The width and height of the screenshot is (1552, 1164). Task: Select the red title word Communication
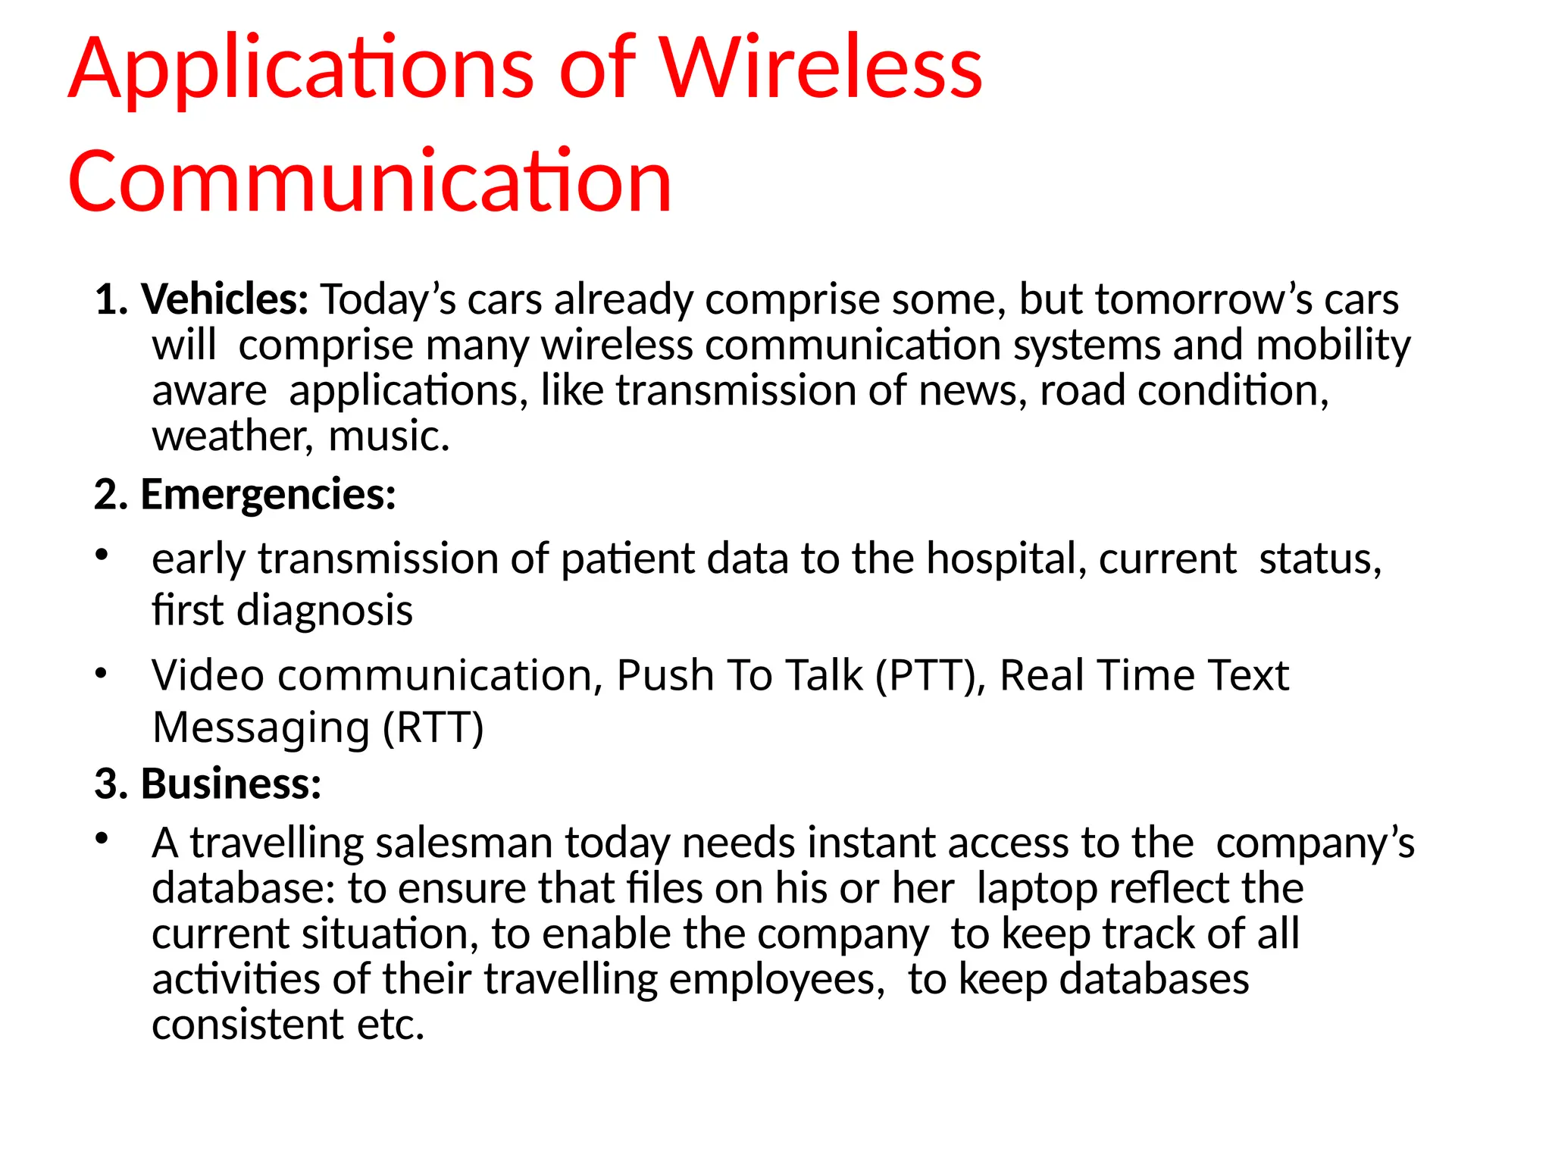tap(370, 182)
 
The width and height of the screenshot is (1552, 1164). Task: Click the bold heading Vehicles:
tap(225, 299)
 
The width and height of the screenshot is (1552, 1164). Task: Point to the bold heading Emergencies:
tap(268, 494)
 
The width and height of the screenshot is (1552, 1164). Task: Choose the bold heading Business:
tap(231, 783)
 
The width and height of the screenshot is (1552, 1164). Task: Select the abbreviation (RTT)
tap(433, 727)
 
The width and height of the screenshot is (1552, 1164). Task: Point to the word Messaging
tap(261, 727)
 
